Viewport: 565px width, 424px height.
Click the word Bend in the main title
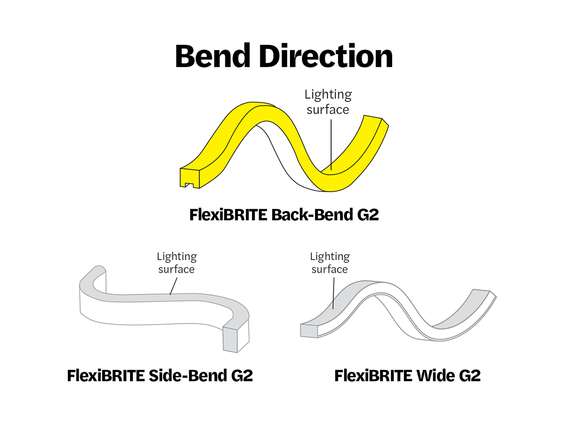click(x=213, y=56)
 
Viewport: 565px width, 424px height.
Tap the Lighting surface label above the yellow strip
click(x=328, y=102)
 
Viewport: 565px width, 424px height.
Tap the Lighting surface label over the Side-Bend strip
click(x=177, y=263)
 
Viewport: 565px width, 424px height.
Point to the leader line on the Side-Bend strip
click(x=173, y=285)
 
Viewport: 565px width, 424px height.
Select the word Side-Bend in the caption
click(x=188, y=376)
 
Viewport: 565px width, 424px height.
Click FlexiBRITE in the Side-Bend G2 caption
click(x=106, y=376)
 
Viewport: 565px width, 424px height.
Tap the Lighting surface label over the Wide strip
click(x=330, y=263)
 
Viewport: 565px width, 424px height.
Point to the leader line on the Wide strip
click(x=333, y=292)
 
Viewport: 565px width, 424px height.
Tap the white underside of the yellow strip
click(x=282, y=155)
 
